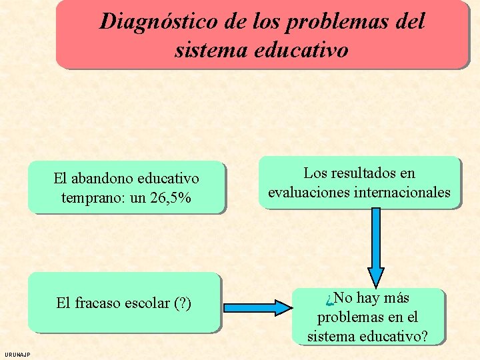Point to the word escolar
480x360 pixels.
[x=145, y=303]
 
